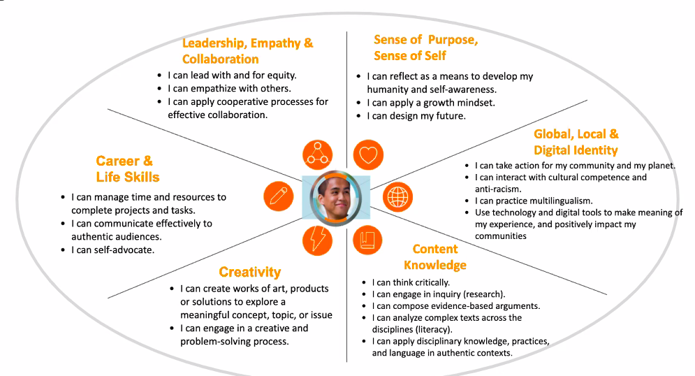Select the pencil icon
278,196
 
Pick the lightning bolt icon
318,240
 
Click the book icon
367,240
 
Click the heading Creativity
249,272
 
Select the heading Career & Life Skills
127,169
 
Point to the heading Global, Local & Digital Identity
576,142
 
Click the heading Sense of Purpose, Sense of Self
425,48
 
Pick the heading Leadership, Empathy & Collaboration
247,51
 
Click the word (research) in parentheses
481,294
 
